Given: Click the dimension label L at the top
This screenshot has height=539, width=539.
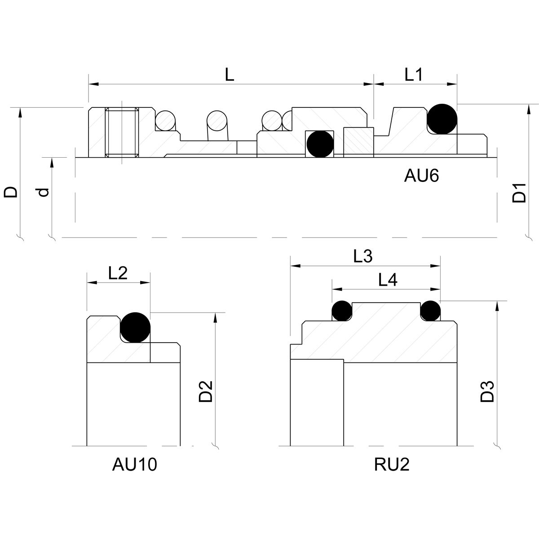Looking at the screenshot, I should tap(230, 75).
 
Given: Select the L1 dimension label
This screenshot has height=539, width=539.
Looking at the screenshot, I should tap(413, 75).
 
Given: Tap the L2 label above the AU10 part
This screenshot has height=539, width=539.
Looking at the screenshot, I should tap(118, 273).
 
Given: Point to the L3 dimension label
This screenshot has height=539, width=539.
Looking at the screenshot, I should tap(363, 256).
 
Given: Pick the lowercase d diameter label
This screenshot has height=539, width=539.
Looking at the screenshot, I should tap(43, 192).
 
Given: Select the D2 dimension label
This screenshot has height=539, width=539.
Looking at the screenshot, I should tap(206, 391).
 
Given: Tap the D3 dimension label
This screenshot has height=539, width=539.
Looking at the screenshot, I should tap(487, 391).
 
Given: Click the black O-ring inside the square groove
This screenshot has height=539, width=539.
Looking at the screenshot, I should tap(319, 144).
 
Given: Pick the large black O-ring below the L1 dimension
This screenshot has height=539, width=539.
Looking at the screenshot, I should tap(442, 119).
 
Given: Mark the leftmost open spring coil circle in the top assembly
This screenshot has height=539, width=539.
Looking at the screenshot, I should tap(165, 120).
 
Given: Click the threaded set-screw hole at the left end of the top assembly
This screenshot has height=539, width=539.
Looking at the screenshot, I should tap(122, 133).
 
